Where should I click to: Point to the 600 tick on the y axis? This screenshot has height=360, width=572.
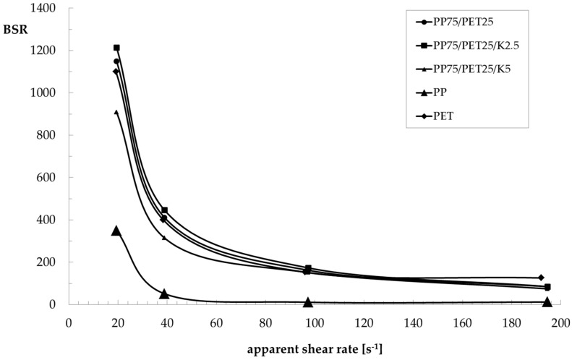tap(50, 178)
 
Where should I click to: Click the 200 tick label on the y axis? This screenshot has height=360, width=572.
tap(50, 262)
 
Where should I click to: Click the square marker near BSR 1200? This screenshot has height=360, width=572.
tap(116, 48)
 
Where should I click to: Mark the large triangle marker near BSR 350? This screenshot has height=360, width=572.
tap(116, 231)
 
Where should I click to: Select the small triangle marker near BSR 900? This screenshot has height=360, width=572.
tap(116, 112)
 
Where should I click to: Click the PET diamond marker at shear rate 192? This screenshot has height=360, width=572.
tap(540, 278)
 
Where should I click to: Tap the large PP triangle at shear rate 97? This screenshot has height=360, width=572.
tap(308, 302)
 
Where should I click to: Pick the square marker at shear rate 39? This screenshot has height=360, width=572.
tap(165, 210)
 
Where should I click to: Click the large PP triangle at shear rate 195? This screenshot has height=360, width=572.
tap(547, 301)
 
